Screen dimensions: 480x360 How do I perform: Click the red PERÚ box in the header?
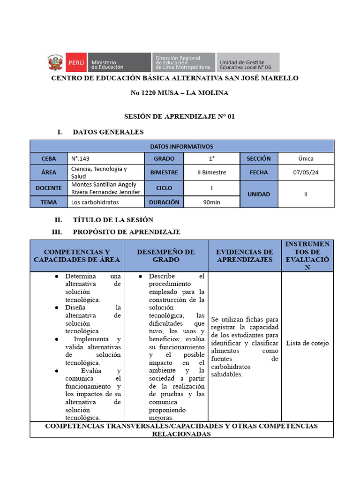click(75, 62)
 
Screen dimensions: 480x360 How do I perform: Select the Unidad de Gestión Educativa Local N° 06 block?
click(248, 62)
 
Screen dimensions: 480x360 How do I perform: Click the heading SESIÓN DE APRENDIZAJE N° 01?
click(179, 116)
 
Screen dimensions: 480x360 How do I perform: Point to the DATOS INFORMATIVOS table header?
click(181, 146)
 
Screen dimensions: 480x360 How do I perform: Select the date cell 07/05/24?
click(306, 172)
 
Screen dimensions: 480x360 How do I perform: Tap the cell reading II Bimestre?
click(211, 172)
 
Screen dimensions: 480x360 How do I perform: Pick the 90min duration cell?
click(211, 202)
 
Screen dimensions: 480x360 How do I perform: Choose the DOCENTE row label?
click(49, 188)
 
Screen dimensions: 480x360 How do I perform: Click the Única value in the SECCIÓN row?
click(306, 158)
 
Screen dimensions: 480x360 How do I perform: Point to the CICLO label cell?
click(164, 188)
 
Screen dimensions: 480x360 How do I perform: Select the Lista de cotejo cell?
click(307, 343)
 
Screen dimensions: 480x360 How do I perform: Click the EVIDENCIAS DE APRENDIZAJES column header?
click(245, 256)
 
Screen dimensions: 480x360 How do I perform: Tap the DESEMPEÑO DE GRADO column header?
click(166, 256)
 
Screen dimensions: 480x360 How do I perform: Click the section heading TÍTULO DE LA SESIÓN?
click(113, 220)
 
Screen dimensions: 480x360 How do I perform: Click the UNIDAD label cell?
click(259, 194)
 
